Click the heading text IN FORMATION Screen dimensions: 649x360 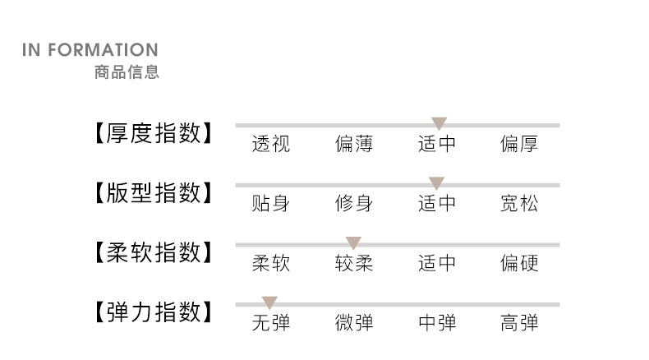(x=90, y=51)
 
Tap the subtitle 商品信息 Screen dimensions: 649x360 (x=127, y=72)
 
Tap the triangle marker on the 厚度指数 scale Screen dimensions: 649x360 (x=439, y=123)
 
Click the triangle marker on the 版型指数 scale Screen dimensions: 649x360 (x=436, y=183)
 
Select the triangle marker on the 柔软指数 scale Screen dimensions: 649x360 (x=353, y=242)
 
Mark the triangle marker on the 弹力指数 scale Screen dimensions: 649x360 (x=269, y=302)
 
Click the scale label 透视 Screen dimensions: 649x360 (x=270, y=145)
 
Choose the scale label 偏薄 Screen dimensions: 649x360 (x=354, y=145)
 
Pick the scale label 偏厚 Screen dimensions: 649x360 (x=519, y=145)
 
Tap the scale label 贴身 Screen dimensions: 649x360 (x=270, y=204)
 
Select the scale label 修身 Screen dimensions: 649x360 (x=354, y=204)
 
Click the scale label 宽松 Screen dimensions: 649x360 (x=519, y=204)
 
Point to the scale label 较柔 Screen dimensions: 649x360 (x=354, y=263)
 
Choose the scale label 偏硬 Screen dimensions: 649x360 (x=519, y=263)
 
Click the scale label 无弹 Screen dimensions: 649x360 (x=270, y=323)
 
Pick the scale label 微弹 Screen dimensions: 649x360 (x=354, y=323)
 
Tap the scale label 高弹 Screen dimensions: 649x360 (x=519, y=323)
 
